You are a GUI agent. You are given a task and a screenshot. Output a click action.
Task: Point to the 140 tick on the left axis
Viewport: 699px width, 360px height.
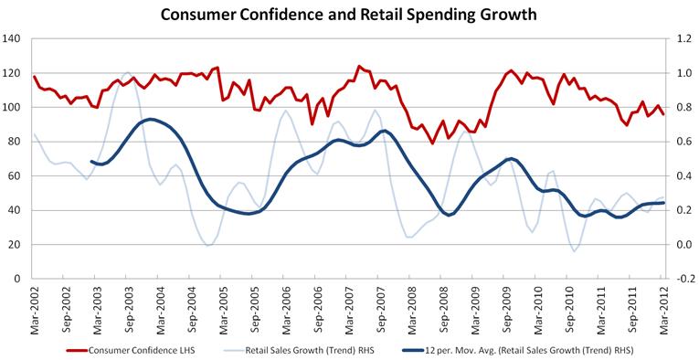point(12,38)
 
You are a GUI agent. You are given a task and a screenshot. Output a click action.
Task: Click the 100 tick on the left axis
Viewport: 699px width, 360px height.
point(12,107)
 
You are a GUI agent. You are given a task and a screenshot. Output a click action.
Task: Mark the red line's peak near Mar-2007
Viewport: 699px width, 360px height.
point(358,66)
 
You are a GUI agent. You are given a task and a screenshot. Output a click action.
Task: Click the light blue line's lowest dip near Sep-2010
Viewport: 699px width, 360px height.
point(574,251)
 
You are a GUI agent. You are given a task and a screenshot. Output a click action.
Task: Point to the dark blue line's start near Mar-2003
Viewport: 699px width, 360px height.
point(91,162)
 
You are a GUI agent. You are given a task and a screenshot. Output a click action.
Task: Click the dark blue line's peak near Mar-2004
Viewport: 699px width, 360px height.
point(151,120)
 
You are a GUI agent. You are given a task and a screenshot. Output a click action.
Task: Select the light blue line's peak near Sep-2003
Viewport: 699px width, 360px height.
point(127,72)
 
